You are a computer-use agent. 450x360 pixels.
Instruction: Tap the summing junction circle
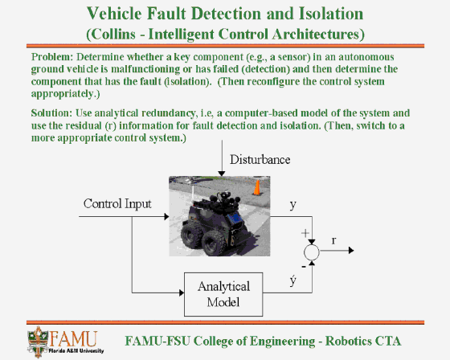[312, 252]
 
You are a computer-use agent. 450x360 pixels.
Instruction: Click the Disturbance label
[260, 160]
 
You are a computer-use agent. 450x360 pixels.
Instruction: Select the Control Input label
[117, 204]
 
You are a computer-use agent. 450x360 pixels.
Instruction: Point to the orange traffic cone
[257, 187]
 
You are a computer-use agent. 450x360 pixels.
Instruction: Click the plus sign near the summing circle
[305, 233]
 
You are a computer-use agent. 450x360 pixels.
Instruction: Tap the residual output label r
[333, 240]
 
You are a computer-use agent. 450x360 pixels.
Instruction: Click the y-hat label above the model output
[292, 280]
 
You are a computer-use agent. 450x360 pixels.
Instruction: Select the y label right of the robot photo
[292, 205]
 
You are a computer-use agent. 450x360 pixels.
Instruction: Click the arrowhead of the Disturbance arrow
[222, 174]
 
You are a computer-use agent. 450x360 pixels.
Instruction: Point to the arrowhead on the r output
[351, 251]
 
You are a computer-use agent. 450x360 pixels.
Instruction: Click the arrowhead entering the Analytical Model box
[182, 292]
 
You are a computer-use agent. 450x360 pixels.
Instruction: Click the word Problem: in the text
[52, 57]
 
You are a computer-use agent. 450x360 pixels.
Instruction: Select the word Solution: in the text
[51, 112]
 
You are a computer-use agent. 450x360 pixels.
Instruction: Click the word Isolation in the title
[331, 14]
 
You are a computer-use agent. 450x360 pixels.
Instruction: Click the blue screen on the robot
[236, 219]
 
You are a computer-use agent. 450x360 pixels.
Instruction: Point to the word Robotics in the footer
[348, 341]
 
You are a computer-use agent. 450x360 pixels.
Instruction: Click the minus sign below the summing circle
[304, 267]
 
